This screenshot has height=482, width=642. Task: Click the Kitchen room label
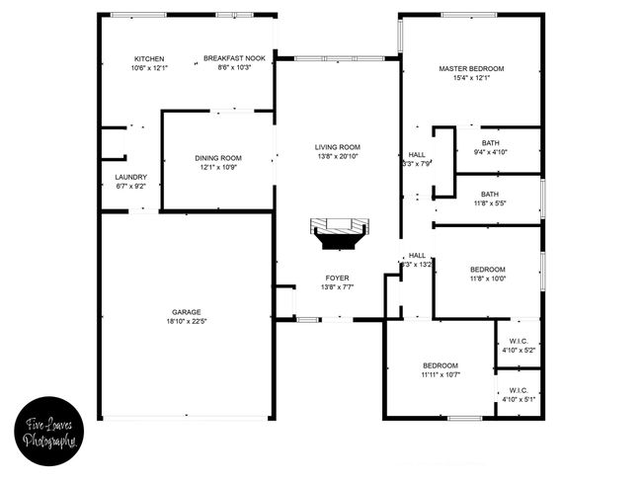(x=149, y=58)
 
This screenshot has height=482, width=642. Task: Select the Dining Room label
(x=218, y=158)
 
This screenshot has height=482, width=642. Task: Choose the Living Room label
(x=338, y=147)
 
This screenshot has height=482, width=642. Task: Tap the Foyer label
(x=338, y=278)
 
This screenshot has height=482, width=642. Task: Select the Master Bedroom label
(x=471, y=68)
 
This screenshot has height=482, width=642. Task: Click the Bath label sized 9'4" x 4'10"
(x=490, y=142)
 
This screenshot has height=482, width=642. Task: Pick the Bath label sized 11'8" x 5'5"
(x=490, y=194)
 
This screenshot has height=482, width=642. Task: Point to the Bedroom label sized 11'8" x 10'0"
(x=487, y=270)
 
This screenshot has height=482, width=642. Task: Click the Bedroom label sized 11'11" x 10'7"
(x=440, y=365)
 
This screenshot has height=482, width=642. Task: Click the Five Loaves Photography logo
(x=50, y=431)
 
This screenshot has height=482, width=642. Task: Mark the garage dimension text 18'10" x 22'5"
(x=186, y=321)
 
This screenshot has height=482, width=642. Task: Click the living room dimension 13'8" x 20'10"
(x=338, y=157)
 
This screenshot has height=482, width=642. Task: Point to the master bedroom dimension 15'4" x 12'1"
(x=471, y=78)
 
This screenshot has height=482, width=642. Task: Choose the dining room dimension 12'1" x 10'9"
(x=218, y=167)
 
